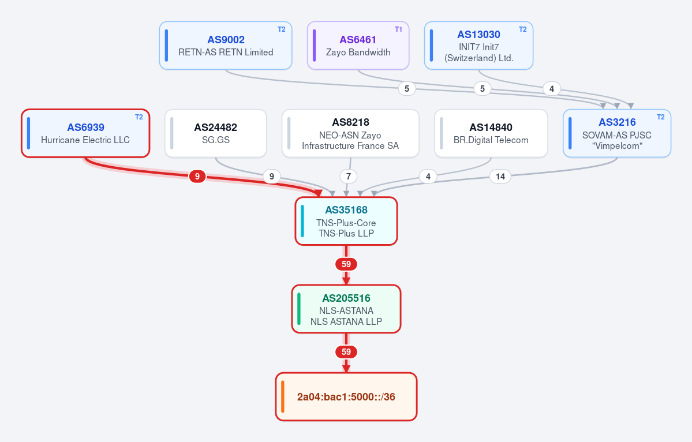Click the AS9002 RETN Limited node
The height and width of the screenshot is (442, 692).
(226, 46)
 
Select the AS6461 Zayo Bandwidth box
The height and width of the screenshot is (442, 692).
(358, 46)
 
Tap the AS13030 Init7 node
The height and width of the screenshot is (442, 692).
(478, 46)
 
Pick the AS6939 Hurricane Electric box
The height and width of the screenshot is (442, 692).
(85, 133)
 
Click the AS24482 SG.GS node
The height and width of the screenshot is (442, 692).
(215, 133)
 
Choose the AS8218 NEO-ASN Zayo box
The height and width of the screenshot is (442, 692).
(350, 133)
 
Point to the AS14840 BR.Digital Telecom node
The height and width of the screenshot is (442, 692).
(491, 133)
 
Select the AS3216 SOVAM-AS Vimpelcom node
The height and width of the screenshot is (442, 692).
(617, 133)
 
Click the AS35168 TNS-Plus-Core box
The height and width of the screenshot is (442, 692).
(346, 221)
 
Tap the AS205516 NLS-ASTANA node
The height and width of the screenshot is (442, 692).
(346, 309)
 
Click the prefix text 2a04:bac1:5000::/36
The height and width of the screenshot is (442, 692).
(346, 397)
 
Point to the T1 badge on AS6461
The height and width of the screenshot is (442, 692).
(398, 29)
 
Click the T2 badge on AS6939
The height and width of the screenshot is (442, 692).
(139, 117)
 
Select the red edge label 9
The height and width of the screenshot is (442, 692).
(197, 177)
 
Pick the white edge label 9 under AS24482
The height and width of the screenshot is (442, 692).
(271, 177)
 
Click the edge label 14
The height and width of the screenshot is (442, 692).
(500, 177)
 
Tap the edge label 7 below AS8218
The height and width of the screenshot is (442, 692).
(348, 177)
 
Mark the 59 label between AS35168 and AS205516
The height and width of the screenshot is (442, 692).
(346, 264)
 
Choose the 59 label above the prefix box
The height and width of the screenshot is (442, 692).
(346, 352)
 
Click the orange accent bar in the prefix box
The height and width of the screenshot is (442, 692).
(282, 397)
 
